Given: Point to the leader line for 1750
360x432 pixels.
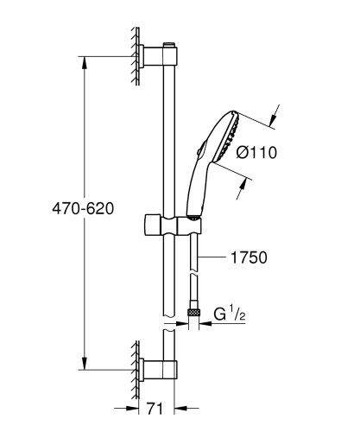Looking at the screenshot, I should [213, 257].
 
